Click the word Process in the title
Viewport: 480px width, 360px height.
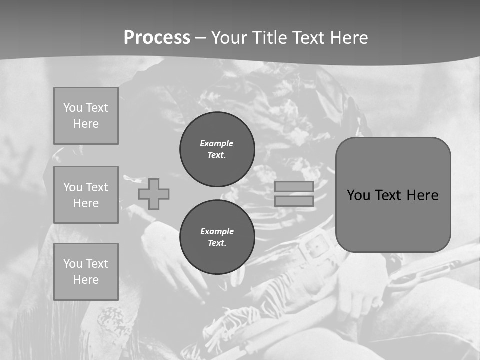(x=157, y=38)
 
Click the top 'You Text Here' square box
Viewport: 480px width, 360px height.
(x=86, y=116)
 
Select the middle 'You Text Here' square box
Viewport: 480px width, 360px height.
(x=86, y=195)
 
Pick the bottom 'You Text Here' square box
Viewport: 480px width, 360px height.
(x=86, y=272)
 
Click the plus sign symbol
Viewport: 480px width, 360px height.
(x=154, y=194)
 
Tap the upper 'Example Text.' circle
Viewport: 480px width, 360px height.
(x=217, y=149)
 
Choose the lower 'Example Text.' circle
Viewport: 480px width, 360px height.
(x=217, y=237)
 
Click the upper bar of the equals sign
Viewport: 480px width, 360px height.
(x=294, y=187)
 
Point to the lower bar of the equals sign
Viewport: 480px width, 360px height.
(x=294, y=201)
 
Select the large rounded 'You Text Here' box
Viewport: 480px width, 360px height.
(x=393, y=195)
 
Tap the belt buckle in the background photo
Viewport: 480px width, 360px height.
(x=314, y=246)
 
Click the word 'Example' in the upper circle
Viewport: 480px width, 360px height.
(x=216, y=143)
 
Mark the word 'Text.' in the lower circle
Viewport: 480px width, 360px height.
(x=217, y=243)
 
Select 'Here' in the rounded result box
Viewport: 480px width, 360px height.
(x=423, y=195)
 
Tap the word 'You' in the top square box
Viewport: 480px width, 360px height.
(x=73, y=108)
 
